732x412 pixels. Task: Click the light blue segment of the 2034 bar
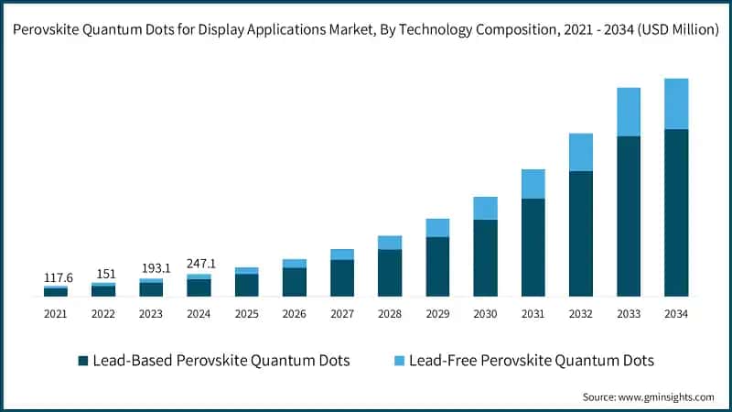tap(676, 103)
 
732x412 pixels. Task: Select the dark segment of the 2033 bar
tap(629, 216)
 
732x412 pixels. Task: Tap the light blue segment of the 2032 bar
tap(581, 152)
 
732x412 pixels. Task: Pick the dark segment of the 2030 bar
tap(485, 258)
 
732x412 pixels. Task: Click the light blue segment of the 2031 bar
tap(533, 183)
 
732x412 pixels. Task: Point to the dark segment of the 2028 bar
tap(390, 273)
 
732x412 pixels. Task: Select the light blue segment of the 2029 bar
tap(437, 228)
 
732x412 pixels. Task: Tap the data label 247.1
tap(199, 263)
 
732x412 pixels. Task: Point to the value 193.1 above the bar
tap(151, 268)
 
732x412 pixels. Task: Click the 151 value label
tap(103, 274)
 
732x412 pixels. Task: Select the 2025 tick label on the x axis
tap(247, 314)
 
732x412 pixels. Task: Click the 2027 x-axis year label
tap(342, 314)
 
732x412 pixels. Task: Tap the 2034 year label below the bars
tap(676, 314)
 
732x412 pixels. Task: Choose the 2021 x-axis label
tap(56, 314)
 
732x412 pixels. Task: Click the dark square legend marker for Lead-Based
tap(83, 361)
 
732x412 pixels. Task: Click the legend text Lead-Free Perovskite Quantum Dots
tap(532, 361)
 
